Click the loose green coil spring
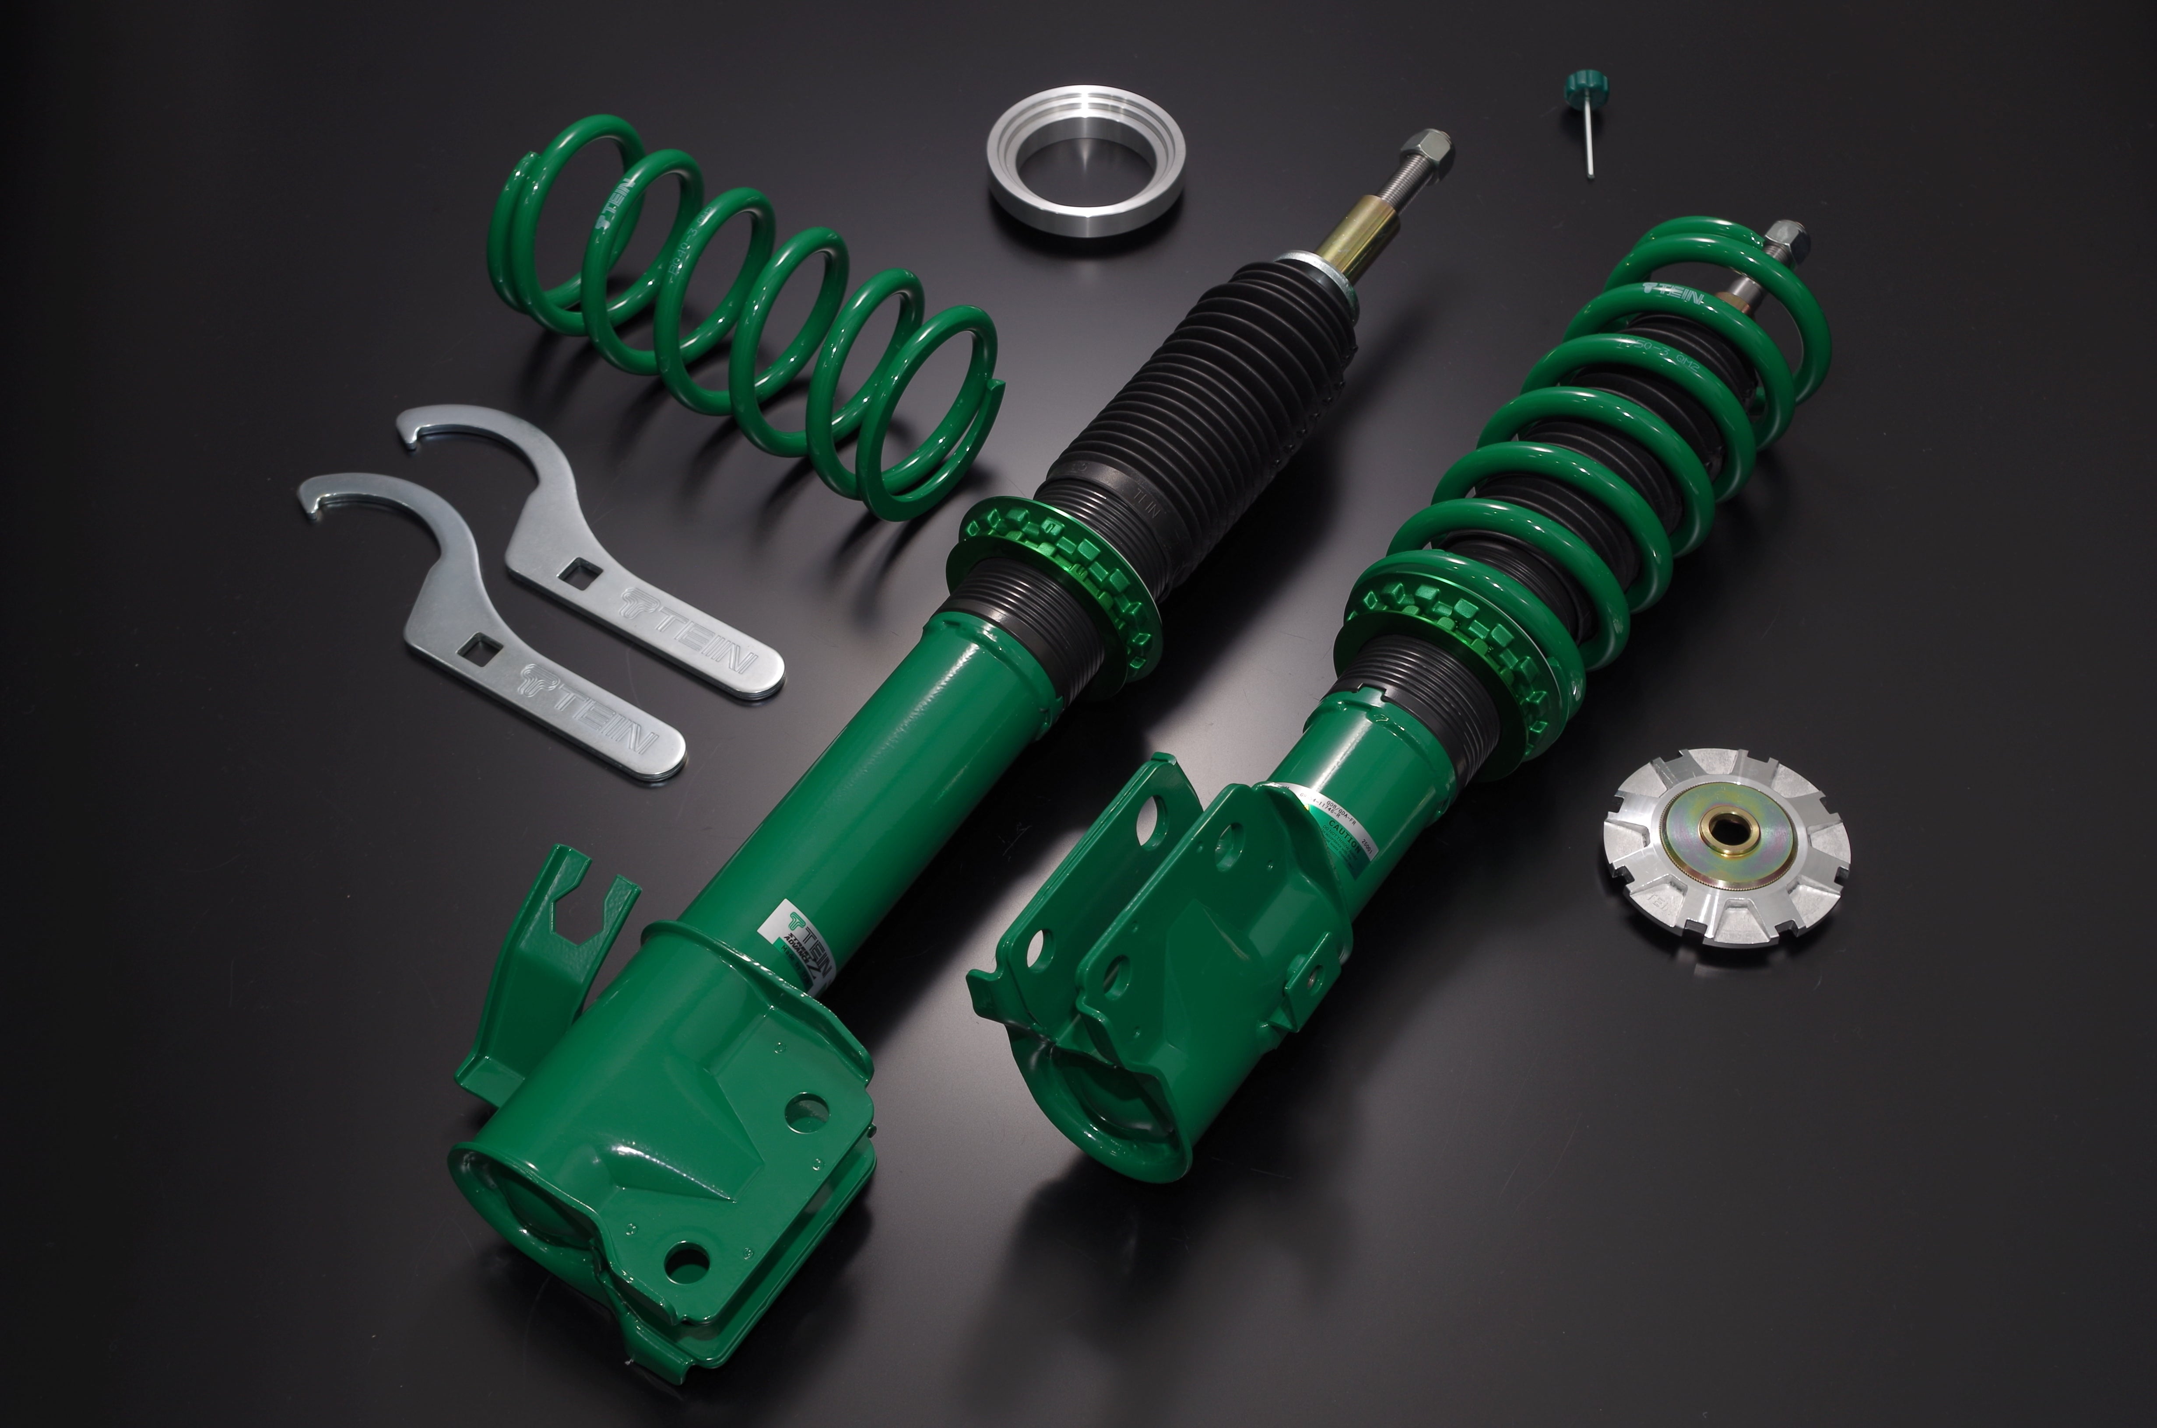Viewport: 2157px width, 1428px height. tap(747, 319)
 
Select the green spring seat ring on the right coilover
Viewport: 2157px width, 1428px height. tap(1448, 628)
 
